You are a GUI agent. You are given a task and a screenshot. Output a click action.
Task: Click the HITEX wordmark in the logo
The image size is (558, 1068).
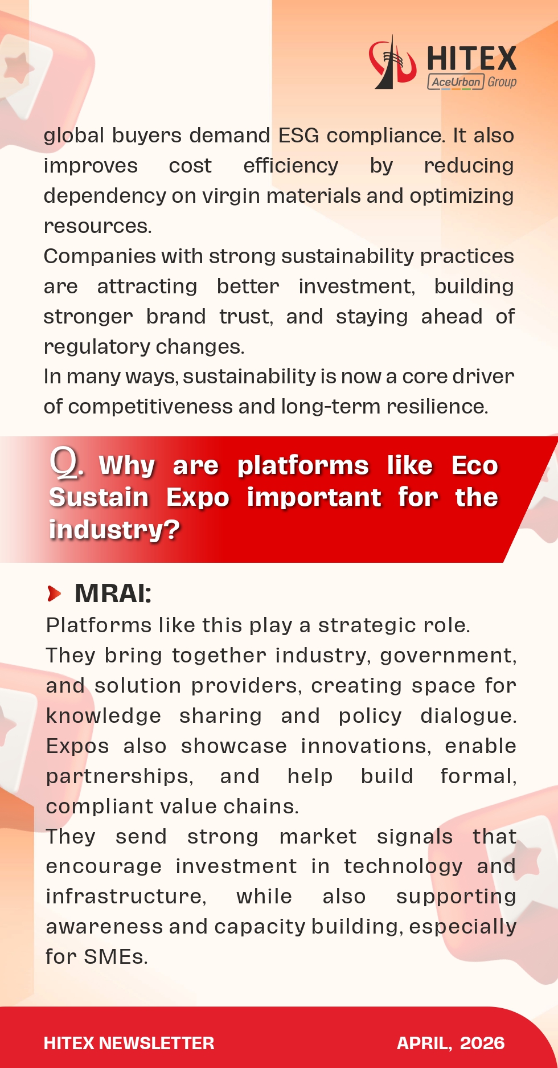[471, 59]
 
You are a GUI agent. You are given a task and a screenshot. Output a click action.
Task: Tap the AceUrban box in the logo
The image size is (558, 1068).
[456, 82]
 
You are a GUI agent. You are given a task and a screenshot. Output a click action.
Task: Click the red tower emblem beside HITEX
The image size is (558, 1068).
[391, 63]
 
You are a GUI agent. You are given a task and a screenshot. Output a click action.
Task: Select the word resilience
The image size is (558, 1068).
[436, 407]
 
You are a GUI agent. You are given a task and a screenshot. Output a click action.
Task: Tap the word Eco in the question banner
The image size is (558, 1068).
[474, 465]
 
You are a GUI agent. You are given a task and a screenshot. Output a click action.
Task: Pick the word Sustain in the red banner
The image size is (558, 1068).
[99, 497]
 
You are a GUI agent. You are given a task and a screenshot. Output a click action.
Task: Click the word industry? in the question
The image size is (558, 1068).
[114, 529]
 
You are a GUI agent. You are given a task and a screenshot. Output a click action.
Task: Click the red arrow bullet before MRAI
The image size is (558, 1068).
[55, 594]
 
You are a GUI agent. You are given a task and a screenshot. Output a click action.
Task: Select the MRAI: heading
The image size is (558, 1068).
[113, 594]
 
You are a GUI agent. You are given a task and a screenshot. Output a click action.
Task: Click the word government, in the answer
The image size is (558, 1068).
[448, 656]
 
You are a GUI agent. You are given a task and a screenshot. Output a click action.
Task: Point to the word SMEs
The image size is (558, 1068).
[116, 957]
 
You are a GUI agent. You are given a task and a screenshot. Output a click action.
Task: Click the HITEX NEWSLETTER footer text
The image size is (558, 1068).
[129, 1043]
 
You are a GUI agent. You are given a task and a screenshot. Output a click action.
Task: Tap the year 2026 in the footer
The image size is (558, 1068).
[482, 1043]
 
